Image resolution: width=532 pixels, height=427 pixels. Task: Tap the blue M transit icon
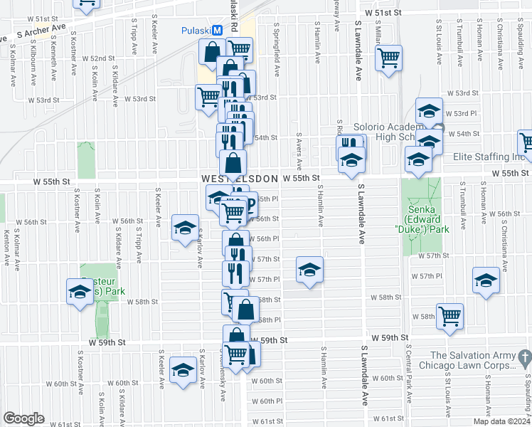click(218, 31)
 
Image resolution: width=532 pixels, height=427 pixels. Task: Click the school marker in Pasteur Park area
click(80, 290)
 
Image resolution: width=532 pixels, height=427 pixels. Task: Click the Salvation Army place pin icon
click(524, 356)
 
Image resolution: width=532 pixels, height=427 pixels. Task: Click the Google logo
click(23, 418)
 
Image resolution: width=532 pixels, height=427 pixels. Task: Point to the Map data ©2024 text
click(501, 421)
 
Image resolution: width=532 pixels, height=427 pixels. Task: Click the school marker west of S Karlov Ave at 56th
click(185, 228)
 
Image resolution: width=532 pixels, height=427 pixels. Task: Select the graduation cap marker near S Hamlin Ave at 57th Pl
click(309, 270)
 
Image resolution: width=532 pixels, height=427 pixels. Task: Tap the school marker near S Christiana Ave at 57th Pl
click(486, 280)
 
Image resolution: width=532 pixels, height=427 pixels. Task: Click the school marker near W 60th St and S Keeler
click(183, 371)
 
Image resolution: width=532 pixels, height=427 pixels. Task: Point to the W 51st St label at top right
click(383, 13)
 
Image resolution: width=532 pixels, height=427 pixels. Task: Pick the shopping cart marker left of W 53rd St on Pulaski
click(208, 97)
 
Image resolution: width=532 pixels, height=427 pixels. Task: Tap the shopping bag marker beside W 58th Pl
click(245, 310)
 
